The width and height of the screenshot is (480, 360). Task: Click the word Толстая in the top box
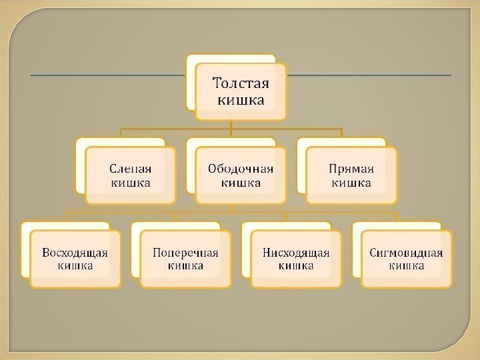241,84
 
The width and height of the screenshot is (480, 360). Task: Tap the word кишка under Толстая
241,101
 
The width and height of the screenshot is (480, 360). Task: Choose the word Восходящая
75,253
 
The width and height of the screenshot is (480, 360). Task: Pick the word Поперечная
185,253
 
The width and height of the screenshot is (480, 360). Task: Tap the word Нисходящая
296,253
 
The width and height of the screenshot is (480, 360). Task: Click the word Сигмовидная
406,253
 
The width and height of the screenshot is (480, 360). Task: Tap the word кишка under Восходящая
75,266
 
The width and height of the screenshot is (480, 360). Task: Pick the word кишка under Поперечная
185,266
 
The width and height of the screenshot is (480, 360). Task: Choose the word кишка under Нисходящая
296,266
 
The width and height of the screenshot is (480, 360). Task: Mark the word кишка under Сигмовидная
406,266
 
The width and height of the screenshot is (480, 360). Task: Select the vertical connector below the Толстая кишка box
231,124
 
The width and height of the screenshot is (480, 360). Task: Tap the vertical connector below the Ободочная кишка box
231,208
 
